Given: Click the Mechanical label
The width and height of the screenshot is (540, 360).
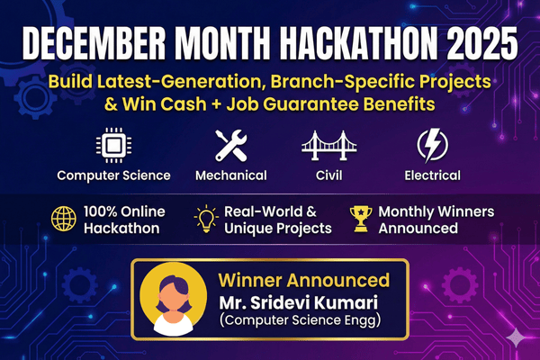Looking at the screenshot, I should point(230,175).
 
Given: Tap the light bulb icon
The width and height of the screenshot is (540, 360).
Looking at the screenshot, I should point(205,219).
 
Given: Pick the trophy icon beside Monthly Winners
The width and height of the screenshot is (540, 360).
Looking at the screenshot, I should point(362,219).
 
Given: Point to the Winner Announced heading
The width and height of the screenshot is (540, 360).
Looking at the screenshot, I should point(307,280).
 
